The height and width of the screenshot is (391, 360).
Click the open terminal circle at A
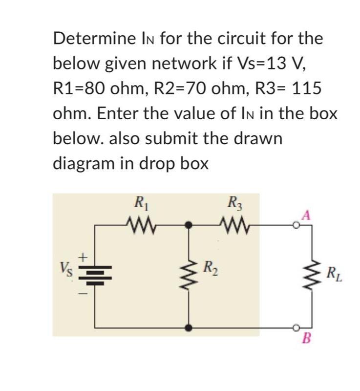click(296, 225)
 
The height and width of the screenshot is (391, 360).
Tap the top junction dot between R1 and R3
click(189, 225)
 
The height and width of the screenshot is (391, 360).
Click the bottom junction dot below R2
click(189, 327)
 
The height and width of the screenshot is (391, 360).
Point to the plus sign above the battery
click(84, 255)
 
